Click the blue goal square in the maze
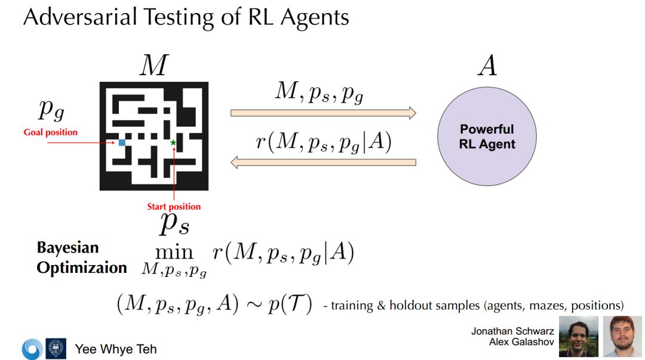[122, 143]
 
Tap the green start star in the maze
[173, 143]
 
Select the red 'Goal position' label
[51, 132]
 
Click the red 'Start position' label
[174, 207]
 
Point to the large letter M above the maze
[153, 66]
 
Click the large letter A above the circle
[487, 66]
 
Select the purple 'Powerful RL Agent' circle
[487, 137]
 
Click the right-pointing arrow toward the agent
[323, 112]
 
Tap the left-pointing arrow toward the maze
[323, 162]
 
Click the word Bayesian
[67, 248]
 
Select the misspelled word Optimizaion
[82, 267]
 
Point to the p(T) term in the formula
[292, 304]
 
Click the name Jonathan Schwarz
[512, 331]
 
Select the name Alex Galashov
[521, 341]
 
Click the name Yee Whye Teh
[116, 349]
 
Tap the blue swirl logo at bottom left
[32, 349]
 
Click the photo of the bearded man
[622, 337]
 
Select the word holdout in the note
[410, 305]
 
